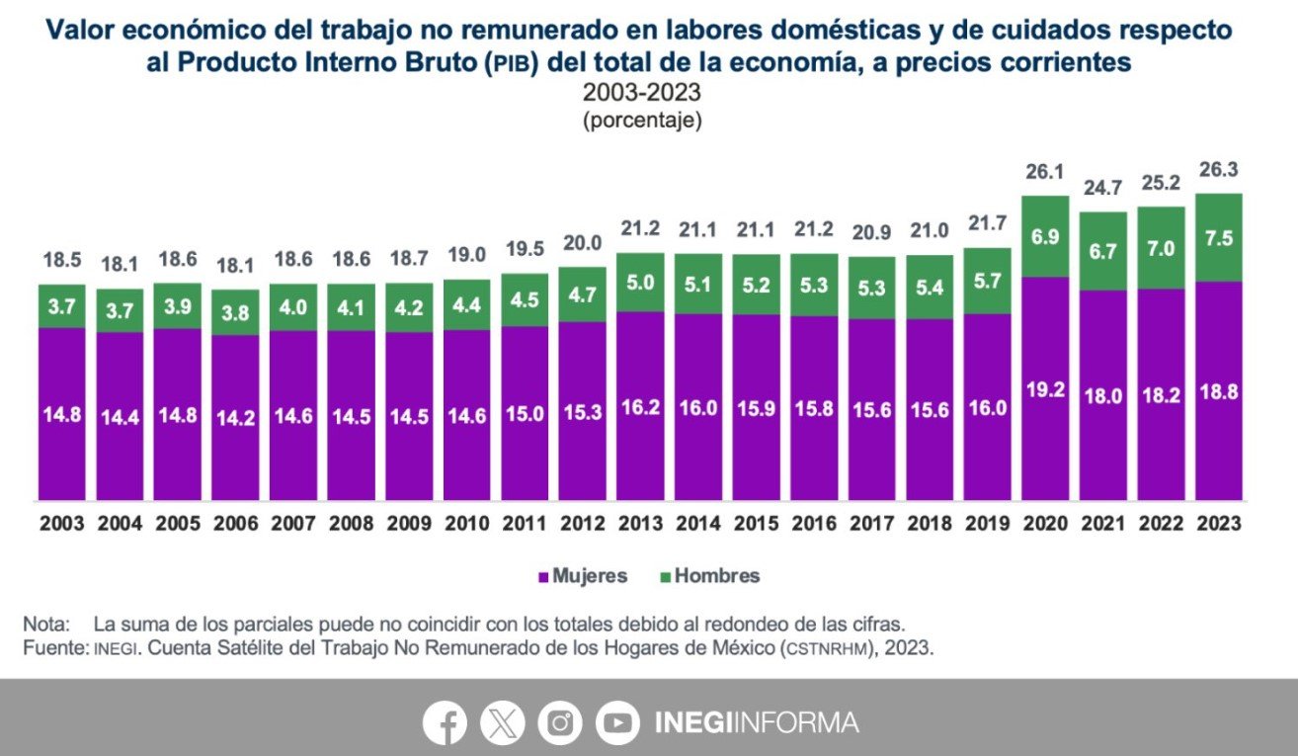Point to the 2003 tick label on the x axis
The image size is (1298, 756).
pyautogui.click(x=62, y=524)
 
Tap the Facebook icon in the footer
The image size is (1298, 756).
pyautogui.click(x=445, y=723)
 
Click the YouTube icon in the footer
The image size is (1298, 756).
pyautogui.click(x=617, y=723)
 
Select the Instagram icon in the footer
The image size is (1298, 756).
pyautogui.click(x=560, y=723)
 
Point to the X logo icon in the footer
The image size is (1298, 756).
pyautogui.click(x=503, y=723)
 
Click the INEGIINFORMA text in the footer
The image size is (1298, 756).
pyautogui.click(x=757, y=723)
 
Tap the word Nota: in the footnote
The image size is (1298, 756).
pyautogui.click(x=45, y=625)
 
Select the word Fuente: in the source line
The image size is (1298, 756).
pyautogui.click(x=54, y=648)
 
